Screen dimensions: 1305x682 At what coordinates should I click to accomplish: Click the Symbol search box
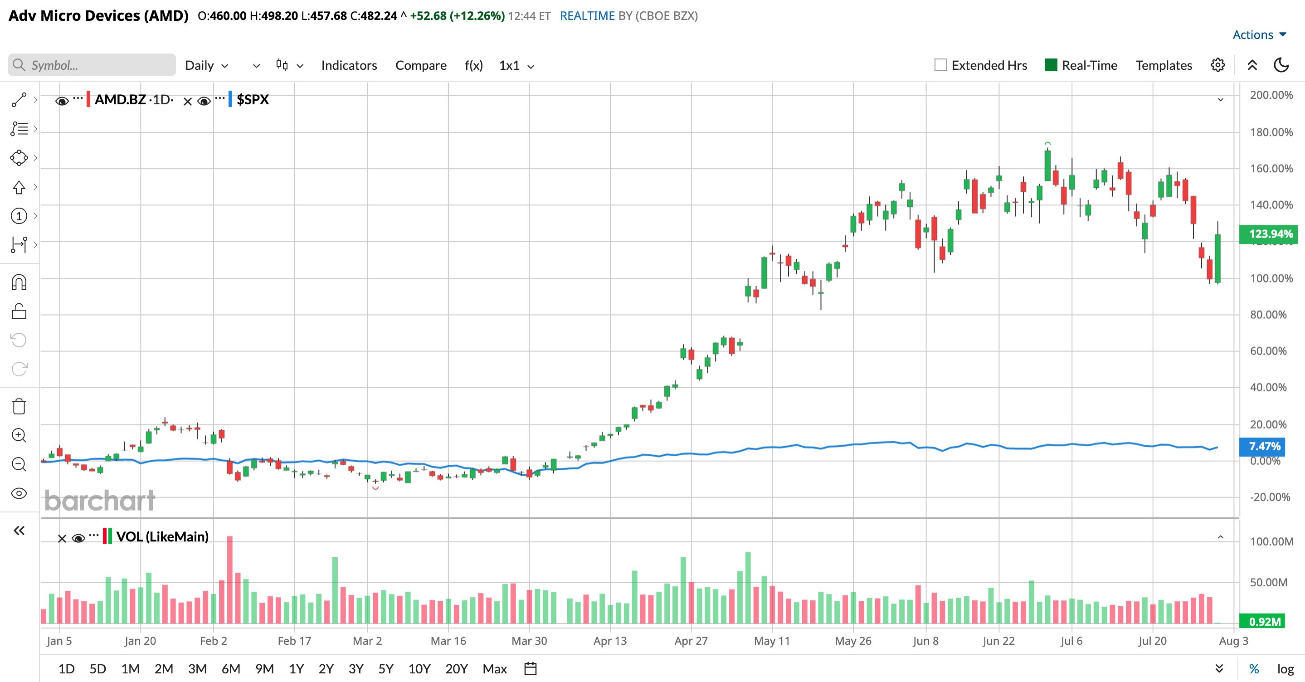(92, 65)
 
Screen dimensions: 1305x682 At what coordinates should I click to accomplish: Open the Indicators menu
(349, 65)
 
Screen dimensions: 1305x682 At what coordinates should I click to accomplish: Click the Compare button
(421, 65)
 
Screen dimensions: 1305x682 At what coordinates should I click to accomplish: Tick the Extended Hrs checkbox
(941, 65)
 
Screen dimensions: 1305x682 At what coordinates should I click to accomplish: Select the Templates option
(1164, 65)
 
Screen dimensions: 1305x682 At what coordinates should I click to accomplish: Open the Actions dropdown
(1259, 34)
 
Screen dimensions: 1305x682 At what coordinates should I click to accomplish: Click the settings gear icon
(1218, 65)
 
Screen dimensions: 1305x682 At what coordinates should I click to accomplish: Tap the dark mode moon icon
(1281, 65)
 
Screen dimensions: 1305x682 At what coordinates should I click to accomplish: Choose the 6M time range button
(230, 669)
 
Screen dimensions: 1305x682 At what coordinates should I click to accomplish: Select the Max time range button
(494, 669)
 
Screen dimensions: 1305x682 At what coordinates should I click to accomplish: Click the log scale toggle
(1285, 669)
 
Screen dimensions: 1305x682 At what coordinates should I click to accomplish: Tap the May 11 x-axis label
(772, 641)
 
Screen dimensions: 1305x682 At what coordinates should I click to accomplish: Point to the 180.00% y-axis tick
(1271, 132)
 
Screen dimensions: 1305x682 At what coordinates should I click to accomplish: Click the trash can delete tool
(19, 406)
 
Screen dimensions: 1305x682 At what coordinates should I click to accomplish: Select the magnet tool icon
(19, 282)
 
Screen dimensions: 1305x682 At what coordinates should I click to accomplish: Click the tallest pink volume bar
(229, 580)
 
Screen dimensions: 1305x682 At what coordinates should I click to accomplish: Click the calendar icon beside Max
(530, 669)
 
